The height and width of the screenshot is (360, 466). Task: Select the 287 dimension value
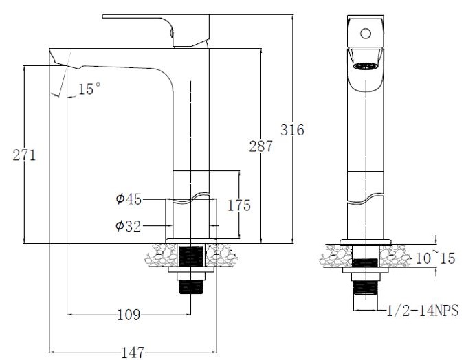[260, 146]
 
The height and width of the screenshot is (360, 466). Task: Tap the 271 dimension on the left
[24, 155]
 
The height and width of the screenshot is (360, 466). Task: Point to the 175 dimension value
[239, 205]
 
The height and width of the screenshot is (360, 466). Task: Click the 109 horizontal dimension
[129, 315]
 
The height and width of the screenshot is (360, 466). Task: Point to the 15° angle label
[89, 89]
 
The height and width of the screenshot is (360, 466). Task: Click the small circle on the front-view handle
[366, 32]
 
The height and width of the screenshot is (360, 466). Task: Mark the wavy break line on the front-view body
[365, 200]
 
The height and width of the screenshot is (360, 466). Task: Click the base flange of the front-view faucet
[365, 240]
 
